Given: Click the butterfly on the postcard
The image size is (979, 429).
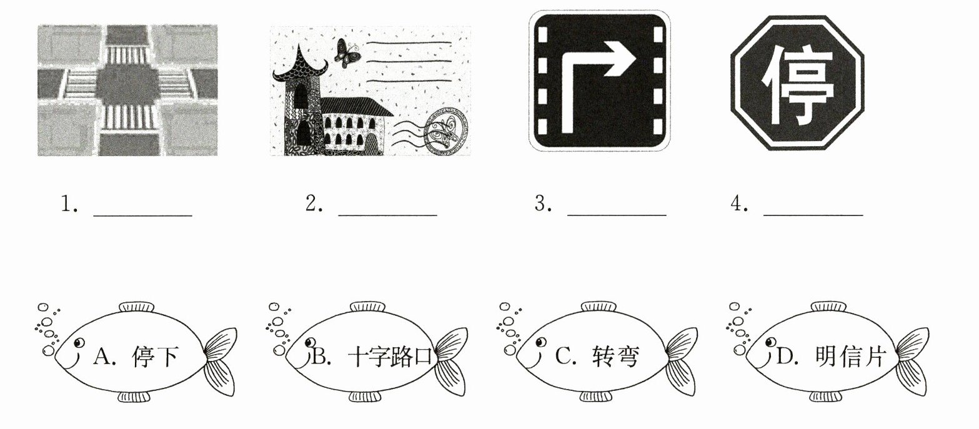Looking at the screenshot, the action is click(347, 53).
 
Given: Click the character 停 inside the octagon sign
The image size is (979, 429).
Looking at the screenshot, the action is click(798, 83).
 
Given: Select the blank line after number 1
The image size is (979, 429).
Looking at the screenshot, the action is click(143, 215).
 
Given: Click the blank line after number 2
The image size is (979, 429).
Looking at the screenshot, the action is click(388, 215).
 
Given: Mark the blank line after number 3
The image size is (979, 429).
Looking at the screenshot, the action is click(617, 215).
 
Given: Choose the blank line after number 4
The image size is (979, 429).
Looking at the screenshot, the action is click(813, 215).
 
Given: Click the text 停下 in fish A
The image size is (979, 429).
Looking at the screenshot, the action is click(155, 357).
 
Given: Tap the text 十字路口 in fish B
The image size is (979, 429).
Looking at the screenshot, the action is click(390, 357).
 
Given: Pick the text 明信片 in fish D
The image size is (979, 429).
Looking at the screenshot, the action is click(850, 357).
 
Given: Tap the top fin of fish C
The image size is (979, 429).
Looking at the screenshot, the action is click(599, 306).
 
